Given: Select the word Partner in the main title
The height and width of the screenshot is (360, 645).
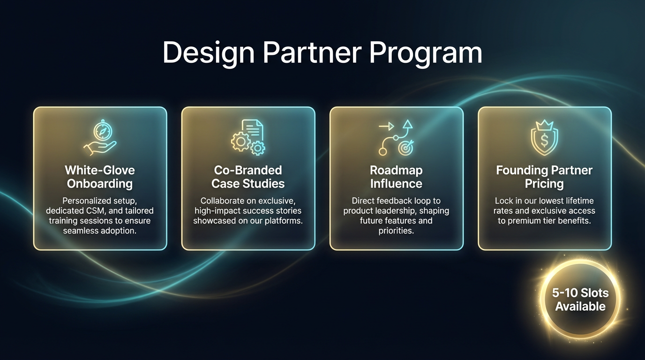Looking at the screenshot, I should coord(312,52).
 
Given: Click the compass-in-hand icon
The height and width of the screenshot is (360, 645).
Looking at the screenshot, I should coord(99,138).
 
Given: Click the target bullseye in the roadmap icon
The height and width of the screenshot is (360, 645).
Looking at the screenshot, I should coord(405,148).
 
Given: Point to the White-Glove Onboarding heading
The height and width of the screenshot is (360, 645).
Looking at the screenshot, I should coord(99,177).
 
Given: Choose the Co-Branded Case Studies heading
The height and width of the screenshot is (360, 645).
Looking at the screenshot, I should coord(248,177).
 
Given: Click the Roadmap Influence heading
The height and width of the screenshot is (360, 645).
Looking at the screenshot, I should coord(396,177).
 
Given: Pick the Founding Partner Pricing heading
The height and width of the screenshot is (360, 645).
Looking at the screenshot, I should coord(544,177).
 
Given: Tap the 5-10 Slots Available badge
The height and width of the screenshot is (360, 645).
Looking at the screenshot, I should coord(580,300).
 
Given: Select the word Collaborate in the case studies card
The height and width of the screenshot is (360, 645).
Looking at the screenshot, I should coord(222,201).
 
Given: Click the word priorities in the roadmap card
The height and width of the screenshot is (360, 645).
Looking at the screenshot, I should coord(396,230).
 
